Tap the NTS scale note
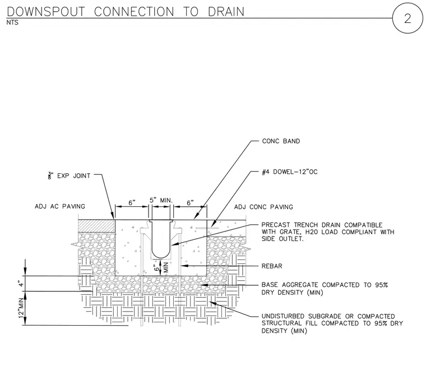(12, 22)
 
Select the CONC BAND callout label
(281, 141)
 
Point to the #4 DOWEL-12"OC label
(290, 172)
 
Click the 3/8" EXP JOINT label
(70, 176)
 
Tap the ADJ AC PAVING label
(60, 206)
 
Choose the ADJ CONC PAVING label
(263, 207)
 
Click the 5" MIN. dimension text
(161, 201)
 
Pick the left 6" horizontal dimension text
(132, 203)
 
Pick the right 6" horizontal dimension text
(190, 203)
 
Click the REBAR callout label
(272, 266)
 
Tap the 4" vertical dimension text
(21, 284)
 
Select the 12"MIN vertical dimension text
(21, 309)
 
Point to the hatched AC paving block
(97, 226)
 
